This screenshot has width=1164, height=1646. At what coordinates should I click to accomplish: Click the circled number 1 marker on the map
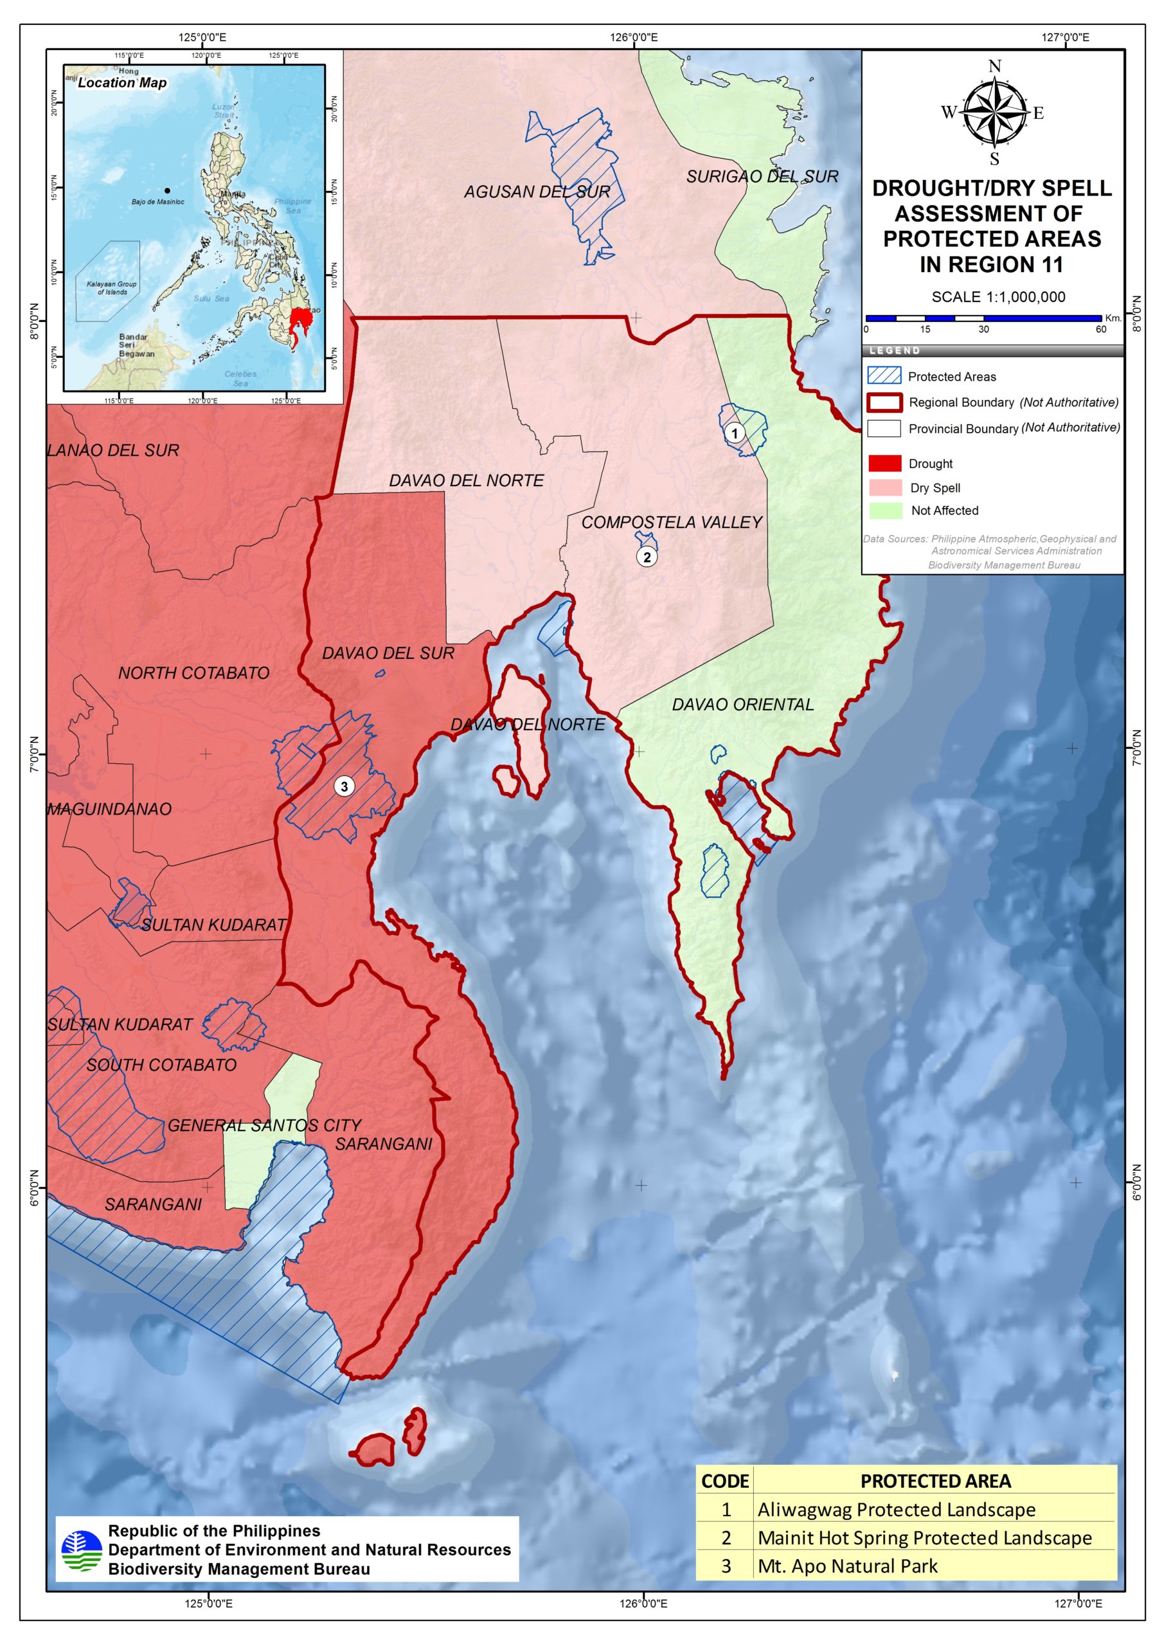pyautogui.click(x=733, y=433)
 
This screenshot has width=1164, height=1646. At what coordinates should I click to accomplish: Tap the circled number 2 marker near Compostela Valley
pyautogui.click(x=647, y=556)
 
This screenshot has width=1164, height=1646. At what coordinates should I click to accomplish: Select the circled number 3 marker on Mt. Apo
pyautogui.click(x=344, y=786)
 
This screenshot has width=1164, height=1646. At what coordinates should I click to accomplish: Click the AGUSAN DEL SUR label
pyautogui.click(x=537, y=192)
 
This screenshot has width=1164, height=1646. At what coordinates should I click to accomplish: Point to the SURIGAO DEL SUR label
pyautogui.click(x=762, y=176)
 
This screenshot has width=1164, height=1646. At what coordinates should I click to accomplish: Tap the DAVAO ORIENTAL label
pyautogui.click(x=742, y=705)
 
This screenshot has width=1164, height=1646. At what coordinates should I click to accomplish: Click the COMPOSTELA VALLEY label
pyautogui.click(x=672, y=523)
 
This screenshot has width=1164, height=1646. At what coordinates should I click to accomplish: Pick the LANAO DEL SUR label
pyautogui.click(x=113, y=450)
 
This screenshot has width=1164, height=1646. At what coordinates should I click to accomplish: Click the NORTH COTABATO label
pyautogui.click(x=193, y=673)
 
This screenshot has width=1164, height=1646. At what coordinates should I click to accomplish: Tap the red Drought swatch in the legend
pyautogui.click(x=884, y=463)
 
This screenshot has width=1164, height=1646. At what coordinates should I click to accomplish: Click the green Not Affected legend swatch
pyautogui.click(x=884, y=511)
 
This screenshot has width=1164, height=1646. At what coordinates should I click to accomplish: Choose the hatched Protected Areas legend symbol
pyautogui.click(x=884, y=375)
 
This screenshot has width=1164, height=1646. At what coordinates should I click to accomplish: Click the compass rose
pyautogui.click(x=994, y=113)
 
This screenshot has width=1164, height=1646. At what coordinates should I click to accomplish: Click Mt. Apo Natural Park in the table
pyautogui.click(x=847, y=1566)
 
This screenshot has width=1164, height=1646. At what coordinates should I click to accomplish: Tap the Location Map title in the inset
pyautogui.click(x=122, y=82)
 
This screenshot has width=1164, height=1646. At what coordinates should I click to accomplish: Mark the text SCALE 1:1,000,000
pyautogui.click(x=998, y=297)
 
